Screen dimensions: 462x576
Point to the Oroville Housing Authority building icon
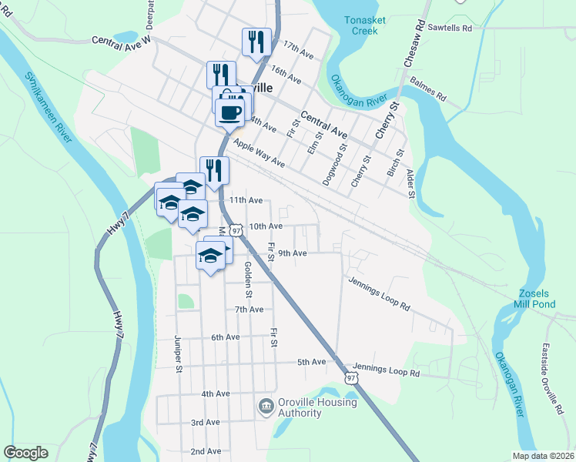coord(265,404)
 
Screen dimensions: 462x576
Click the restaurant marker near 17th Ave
coord(256,43)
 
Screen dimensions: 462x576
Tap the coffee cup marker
coord(230,112)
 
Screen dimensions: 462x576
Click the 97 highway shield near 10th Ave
coord(236,229)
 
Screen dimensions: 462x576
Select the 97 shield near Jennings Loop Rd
coord(351,378)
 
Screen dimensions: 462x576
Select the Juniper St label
coord(177,354)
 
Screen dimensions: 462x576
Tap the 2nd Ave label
coord(206,451)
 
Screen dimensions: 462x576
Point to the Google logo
coord(25,453)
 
